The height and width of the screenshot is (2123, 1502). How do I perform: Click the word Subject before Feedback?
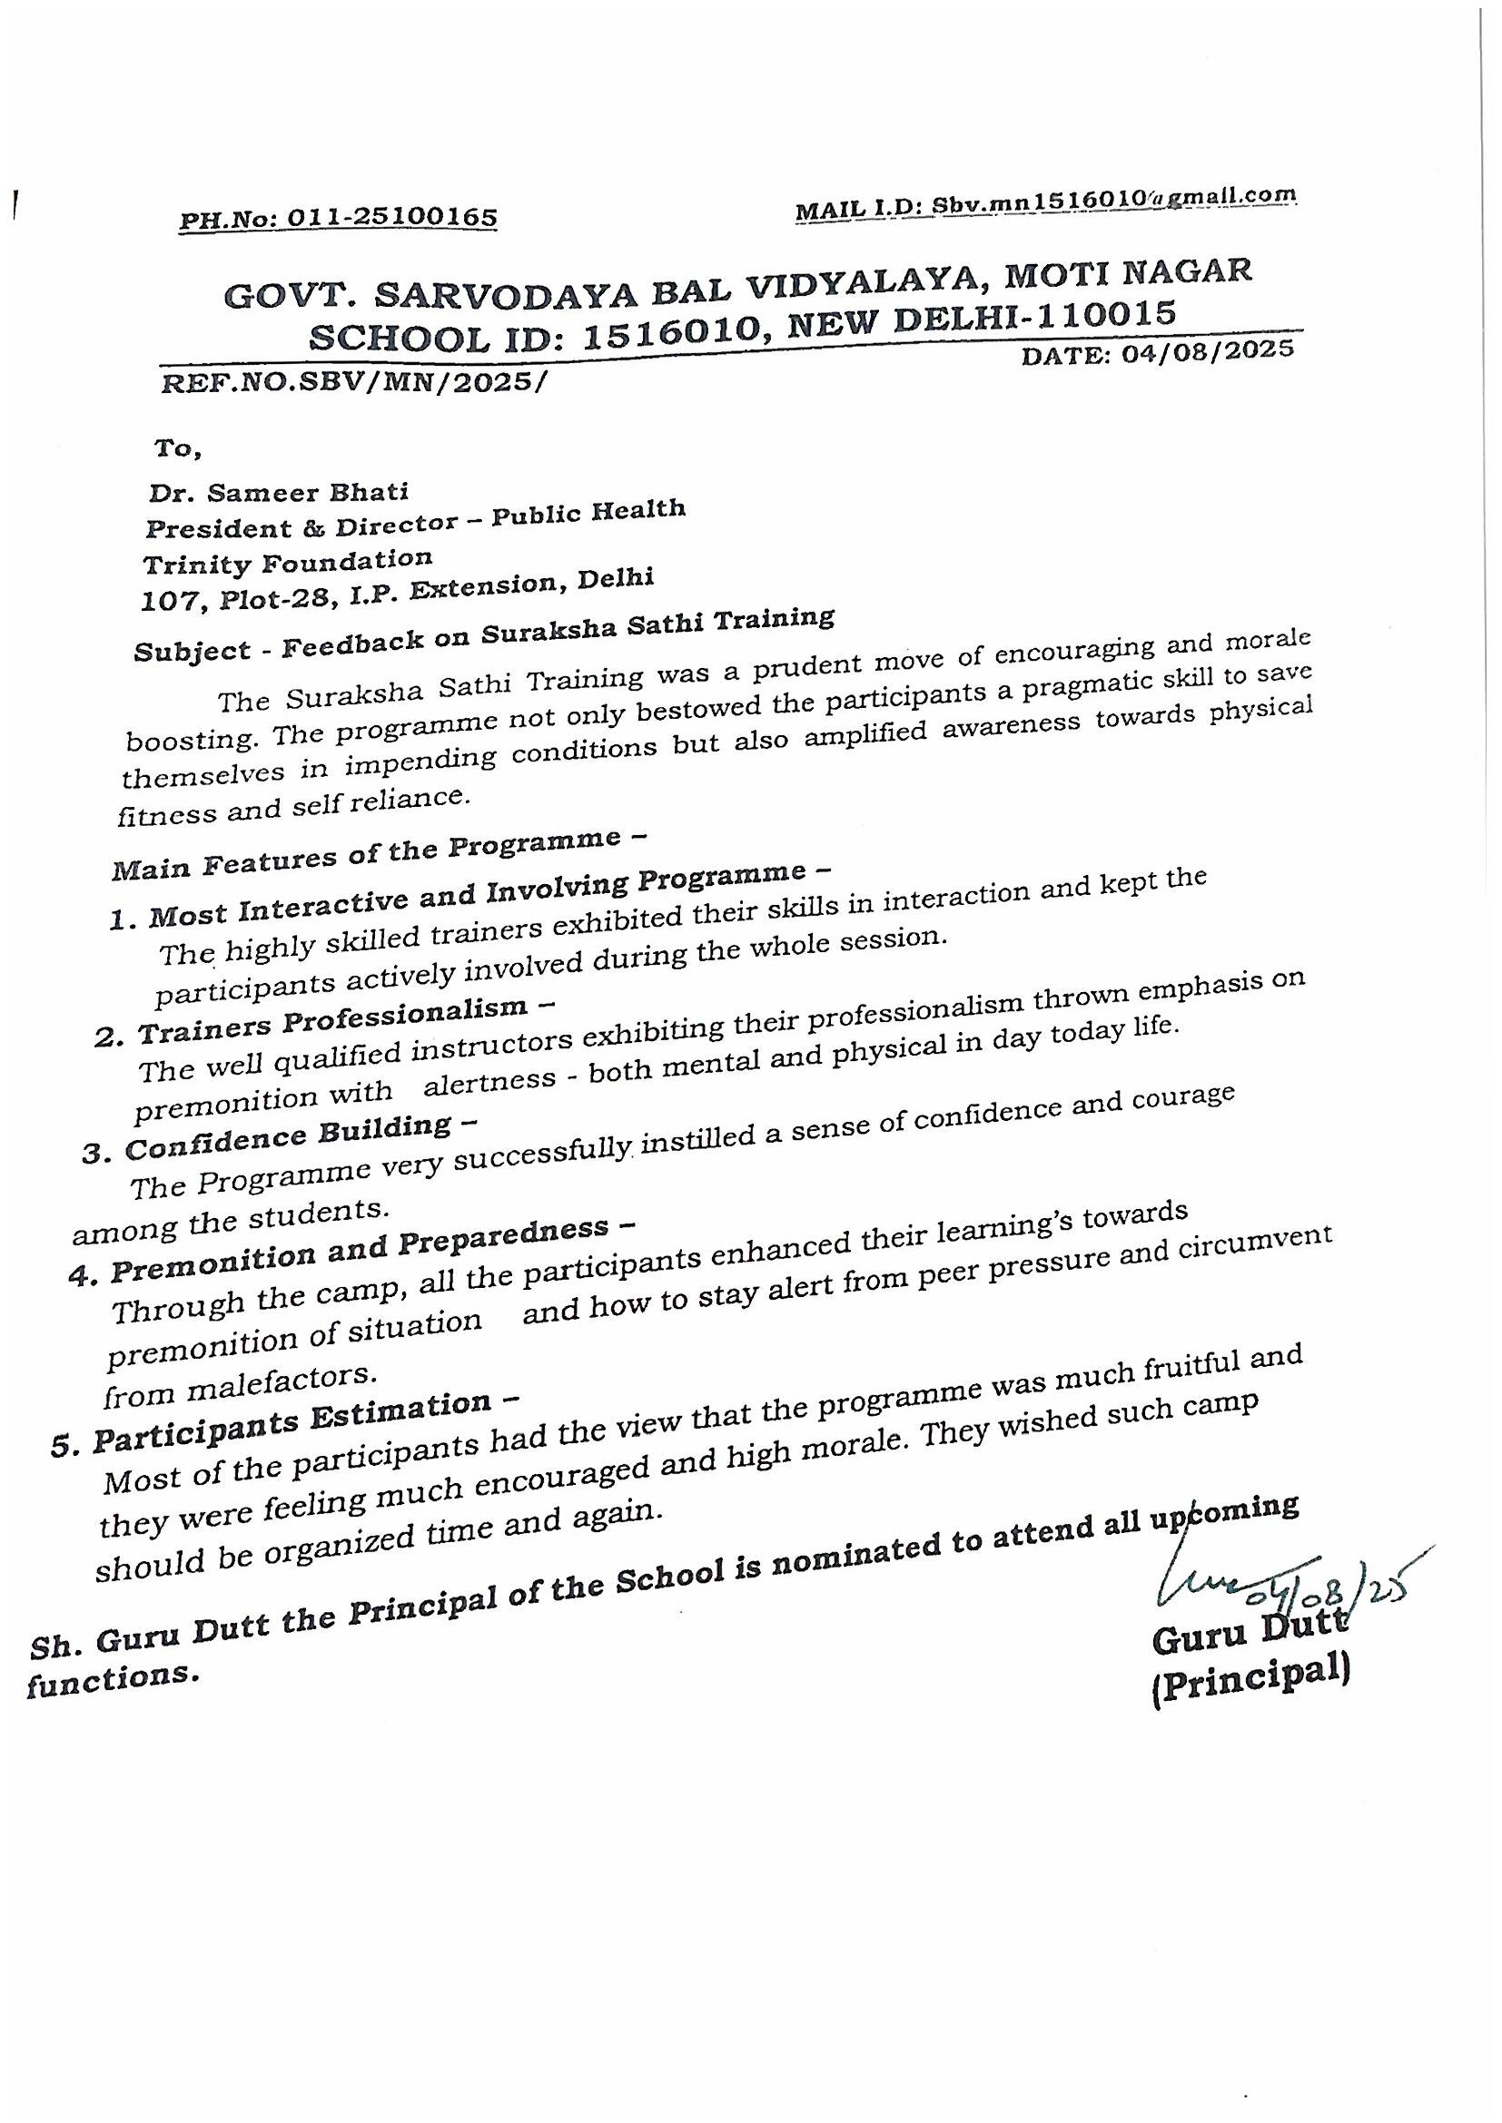[x=192, y=650]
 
